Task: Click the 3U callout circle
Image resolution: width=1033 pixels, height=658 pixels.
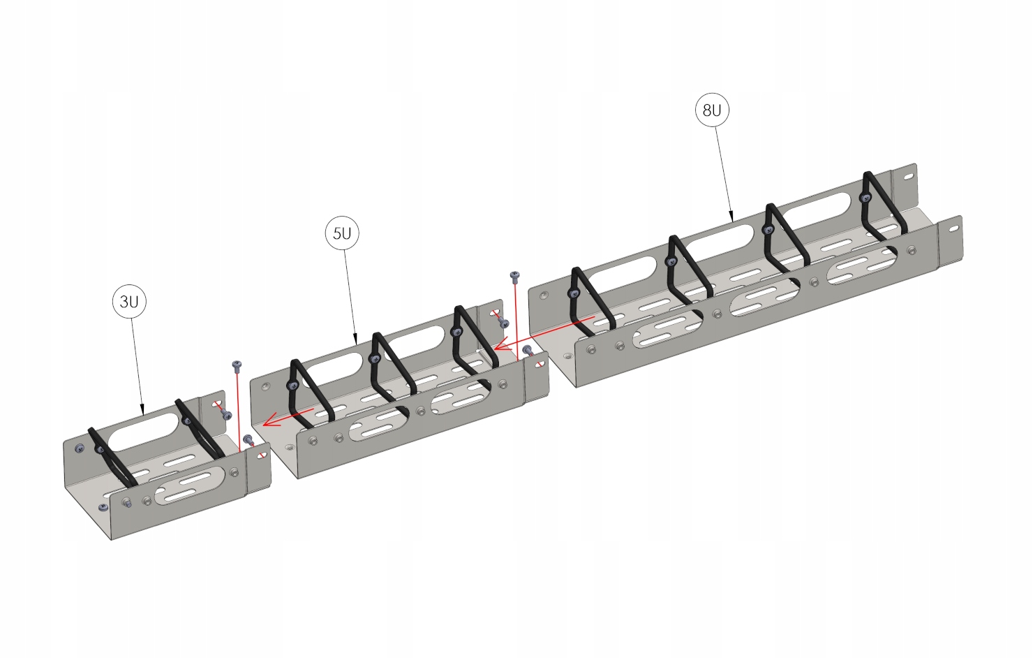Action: [129, 302]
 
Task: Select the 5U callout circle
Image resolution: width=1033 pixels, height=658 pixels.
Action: [342, 233]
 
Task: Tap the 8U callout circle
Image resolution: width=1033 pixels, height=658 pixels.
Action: [712, 110]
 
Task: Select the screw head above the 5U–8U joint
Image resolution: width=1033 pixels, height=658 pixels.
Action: [515, 275]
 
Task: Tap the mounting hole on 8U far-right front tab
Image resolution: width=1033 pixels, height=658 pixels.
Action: [952, 229]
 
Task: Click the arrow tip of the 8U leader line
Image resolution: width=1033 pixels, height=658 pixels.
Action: [731, 219]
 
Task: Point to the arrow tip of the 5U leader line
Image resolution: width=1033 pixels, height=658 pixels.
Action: [357, 343]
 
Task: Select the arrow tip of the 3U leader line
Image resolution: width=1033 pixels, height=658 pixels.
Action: [143, 412]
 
